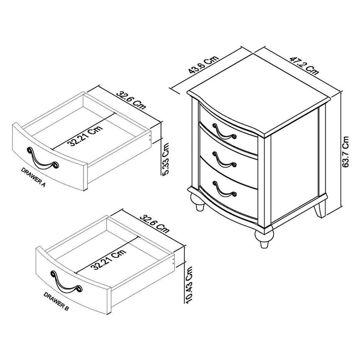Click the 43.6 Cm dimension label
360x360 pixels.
tap(203, 65)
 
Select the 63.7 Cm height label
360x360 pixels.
tap(345, 152)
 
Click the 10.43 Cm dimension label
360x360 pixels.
tap(188, 285)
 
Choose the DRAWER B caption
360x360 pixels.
tap(56, 301)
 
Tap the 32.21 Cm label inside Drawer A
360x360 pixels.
tap(85, 136)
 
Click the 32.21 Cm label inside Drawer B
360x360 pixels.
tap(108, 260)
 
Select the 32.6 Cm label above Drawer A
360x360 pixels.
tap(131, 100)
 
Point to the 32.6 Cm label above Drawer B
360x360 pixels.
tap(154, 224)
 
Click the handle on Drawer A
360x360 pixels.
tap(43, 158)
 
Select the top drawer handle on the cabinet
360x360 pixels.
tap(224, 131)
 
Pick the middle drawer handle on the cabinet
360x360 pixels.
tap(224, 160)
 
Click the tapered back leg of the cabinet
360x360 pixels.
tap(320, 209)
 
